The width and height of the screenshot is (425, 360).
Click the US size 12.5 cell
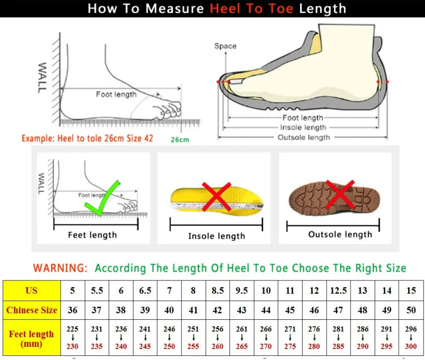(x=338, y=290)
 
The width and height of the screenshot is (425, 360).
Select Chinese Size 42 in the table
(x=218, y=310)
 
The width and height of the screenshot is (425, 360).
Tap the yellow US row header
(x=32, y=290)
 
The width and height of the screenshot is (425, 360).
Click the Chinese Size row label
(x=32, y=310)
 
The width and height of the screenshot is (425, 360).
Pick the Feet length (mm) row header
(x=32, y=339)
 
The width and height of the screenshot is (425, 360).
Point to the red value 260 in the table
(x=218, y=346)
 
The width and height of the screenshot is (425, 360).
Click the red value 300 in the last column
(x=411, y=346)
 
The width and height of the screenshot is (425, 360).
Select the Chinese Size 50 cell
(x=411, y=310)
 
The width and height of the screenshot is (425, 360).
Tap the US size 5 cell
(x=73, y=290)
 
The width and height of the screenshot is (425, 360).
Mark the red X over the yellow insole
(x=216, y=196)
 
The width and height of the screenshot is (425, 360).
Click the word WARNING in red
(x=60, y=268)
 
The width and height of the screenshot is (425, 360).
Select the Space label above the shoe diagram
(x=225, y=46)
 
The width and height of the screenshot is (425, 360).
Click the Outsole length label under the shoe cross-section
(x=303, y=137)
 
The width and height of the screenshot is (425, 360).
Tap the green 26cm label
(x=180, y=140)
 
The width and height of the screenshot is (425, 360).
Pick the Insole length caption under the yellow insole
(x=217, y=236)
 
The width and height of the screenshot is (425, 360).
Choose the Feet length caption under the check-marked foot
(x=92, y=235)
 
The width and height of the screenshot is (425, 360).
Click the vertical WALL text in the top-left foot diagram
(x=42, y=78)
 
